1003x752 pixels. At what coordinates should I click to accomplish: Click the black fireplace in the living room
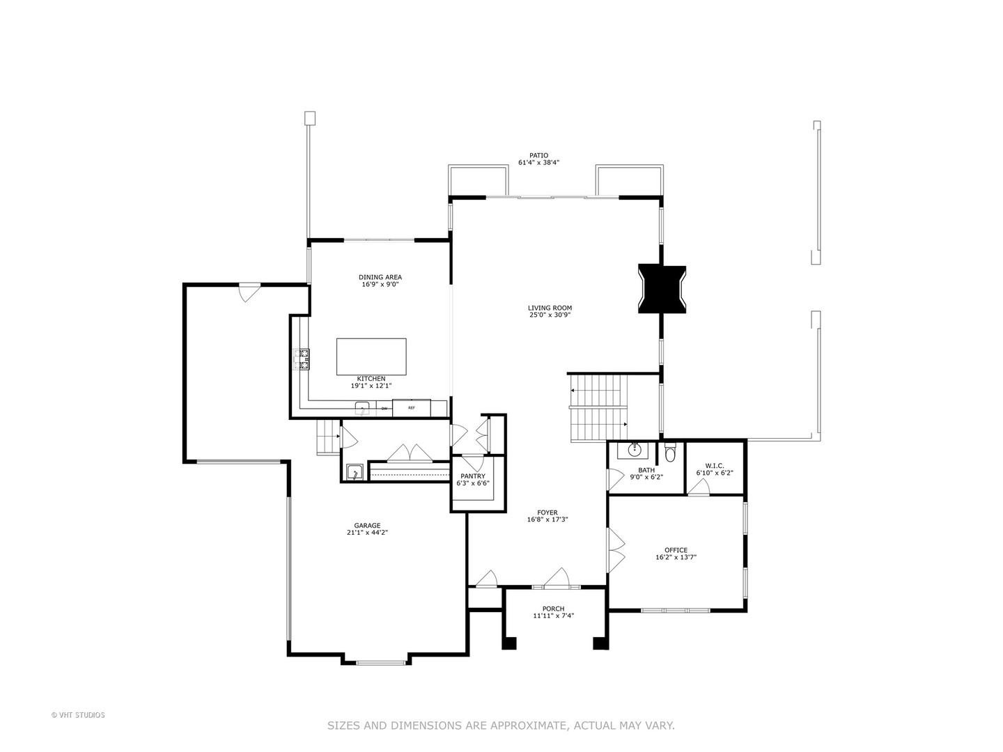(662, 289)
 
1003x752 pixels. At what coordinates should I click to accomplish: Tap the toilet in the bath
(670, 455)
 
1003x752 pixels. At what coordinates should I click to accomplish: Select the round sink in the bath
(635, 450)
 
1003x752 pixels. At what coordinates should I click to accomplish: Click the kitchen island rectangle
(371, 357)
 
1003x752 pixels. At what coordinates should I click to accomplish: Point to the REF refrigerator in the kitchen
(411, 408)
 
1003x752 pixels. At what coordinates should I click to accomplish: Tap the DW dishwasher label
(384, 409)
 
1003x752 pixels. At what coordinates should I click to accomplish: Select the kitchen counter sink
(361, 407)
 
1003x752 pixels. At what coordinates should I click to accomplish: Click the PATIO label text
(538, 156)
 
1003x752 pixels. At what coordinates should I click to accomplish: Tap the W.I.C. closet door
(698, 488)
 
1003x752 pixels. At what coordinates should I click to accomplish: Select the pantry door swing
(473, 463)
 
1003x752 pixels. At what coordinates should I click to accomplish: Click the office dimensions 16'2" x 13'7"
(676, 557)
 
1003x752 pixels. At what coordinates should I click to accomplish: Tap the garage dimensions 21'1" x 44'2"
(366, 533)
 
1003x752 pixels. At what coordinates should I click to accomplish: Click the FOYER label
(547, 512)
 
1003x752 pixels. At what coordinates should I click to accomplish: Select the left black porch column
(509, 643)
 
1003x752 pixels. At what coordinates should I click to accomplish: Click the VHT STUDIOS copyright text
(78, 715)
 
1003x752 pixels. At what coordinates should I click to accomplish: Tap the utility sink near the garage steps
(355, 472)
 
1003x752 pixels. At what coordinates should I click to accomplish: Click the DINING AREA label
(380, 277)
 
